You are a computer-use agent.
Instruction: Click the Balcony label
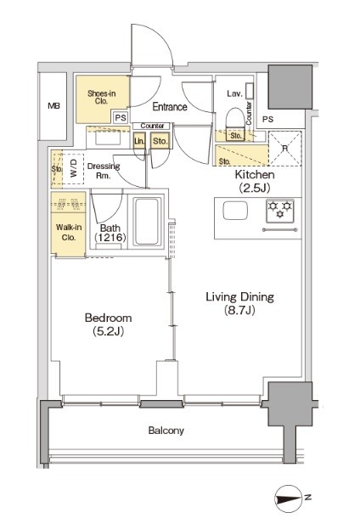(x=166, y=430)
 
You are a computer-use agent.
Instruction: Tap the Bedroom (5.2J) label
(x=108, y=324)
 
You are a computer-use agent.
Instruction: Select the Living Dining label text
(x=239, y=296)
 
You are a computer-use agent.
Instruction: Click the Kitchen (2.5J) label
(x=255, y=181)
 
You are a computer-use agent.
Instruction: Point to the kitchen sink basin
(x=235, y=211)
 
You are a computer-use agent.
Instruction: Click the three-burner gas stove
(x=280, y=211)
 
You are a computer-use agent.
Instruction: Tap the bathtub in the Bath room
(x=147, y=222)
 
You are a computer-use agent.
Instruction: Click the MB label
(x=53, y=106)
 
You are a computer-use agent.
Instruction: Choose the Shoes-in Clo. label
(x=102, y=98)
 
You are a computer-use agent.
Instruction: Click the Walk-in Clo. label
(x=69, y=232)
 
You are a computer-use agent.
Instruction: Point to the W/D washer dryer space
(x=73, y=169)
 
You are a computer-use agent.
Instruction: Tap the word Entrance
(x=170, y=107)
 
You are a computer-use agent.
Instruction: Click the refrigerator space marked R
(x=285, y=149)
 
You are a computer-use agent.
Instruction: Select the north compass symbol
(x=290, y=499)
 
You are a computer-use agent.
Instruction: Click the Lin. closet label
(x=139, y=141)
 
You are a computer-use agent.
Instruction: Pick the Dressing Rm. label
(x=104, y=171)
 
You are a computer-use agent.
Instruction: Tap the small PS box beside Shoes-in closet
(x=121, y=118)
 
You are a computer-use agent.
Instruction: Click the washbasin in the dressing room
(x=108, y=138)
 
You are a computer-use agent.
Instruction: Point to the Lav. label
(x=234, y=93)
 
